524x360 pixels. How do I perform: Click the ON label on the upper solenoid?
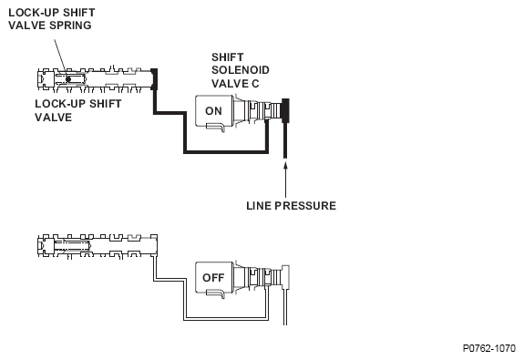click(213, 111)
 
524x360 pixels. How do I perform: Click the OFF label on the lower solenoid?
click(213, 277)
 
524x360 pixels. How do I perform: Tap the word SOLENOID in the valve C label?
click(241, 70)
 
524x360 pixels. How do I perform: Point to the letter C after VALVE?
click(255, 84)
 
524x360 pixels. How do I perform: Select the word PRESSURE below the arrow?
click(305, 206)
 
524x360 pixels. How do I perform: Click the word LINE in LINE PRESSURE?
click(259, 206)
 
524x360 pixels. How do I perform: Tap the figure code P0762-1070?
click(488, 348)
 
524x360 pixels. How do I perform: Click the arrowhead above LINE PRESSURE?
click(285, 166)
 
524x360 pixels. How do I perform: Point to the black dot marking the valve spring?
click(68, 79)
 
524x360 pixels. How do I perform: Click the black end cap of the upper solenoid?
click(285, 110)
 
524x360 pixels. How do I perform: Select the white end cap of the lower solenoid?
click(286, 277)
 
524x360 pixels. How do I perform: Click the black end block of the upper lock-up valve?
click(154, 79)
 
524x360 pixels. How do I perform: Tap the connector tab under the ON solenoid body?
click(216, 127)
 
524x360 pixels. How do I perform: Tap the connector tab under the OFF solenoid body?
click(216, 293)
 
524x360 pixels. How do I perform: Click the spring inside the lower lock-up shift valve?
click(72, 246)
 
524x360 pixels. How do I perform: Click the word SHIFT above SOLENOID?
click(227, 57)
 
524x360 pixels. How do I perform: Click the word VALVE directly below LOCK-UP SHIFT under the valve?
click(54, 118)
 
